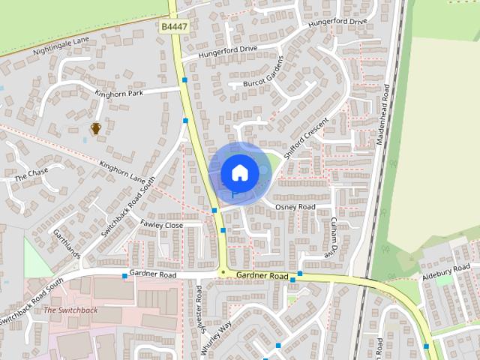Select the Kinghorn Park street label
tap(118, 93)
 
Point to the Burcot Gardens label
tap(264, 73)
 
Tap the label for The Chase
tap(31, 175)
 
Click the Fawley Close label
tap(161, 225)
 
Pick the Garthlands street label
tap(66, 243)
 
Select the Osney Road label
tap(295, 206)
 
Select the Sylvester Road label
tap(199, 306)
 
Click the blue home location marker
tap(239, 172)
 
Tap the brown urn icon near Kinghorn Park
tap(96, 129)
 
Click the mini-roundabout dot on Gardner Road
tap(223, 272)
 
